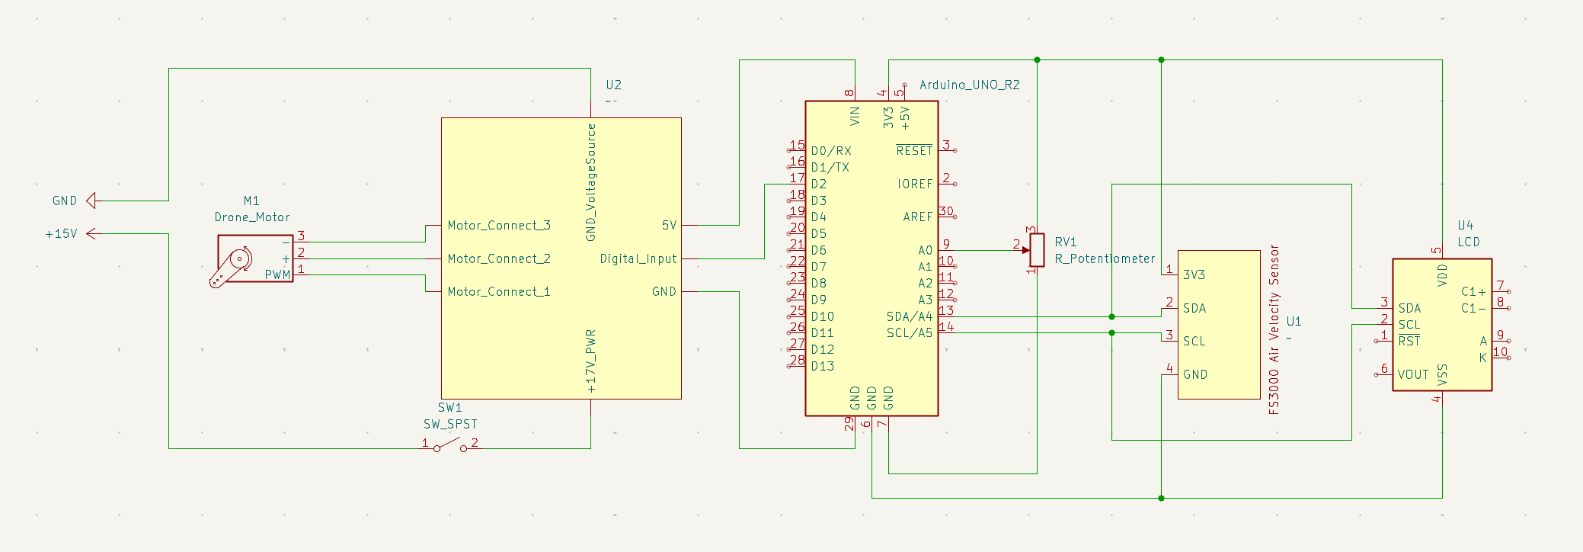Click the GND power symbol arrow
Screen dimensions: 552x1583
91,201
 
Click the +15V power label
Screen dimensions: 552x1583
61,234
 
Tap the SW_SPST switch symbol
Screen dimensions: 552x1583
450,445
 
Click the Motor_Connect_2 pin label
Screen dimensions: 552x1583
499,258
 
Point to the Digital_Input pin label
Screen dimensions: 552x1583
638,258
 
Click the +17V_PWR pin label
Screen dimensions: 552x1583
591,361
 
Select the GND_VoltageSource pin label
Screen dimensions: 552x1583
591,182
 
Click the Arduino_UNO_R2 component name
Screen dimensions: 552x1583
969,85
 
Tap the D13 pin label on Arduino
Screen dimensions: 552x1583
822,366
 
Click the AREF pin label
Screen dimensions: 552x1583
917,217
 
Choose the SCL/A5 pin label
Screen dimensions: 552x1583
909,332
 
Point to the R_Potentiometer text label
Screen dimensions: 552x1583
1105,258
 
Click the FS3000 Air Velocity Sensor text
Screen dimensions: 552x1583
1274,329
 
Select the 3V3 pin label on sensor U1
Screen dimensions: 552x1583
1194,274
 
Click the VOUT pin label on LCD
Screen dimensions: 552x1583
1412,374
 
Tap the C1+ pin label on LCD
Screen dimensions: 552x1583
1473,291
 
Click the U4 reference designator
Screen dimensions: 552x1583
1465,225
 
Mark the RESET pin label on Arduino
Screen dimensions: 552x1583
913,151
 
